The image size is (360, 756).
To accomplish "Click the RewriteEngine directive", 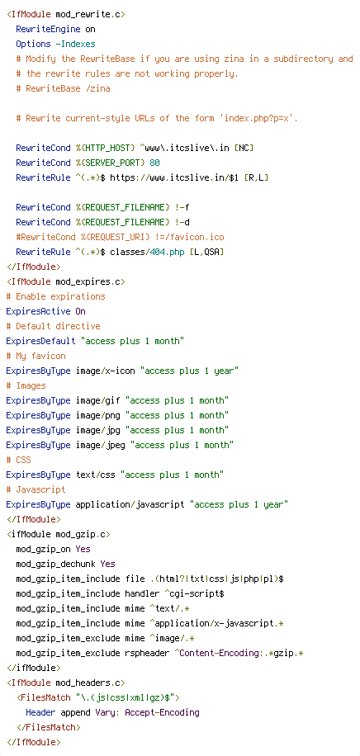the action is coord(48,29).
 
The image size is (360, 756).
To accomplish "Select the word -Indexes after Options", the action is coord(75,44).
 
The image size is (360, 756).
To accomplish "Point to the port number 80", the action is coord(154,163).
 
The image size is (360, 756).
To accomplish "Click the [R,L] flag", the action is coord(256,177).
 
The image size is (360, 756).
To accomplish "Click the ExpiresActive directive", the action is coord(38,311).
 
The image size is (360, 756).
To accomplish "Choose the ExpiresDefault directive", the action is coord(40,341).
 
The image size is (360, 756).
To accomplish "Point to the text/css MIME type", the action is coord(96,475).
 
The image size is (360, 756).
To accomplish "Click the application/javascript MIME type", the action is coord(130,504).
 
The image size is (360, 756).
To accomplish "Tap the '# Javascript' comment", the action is coord(36,489).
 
